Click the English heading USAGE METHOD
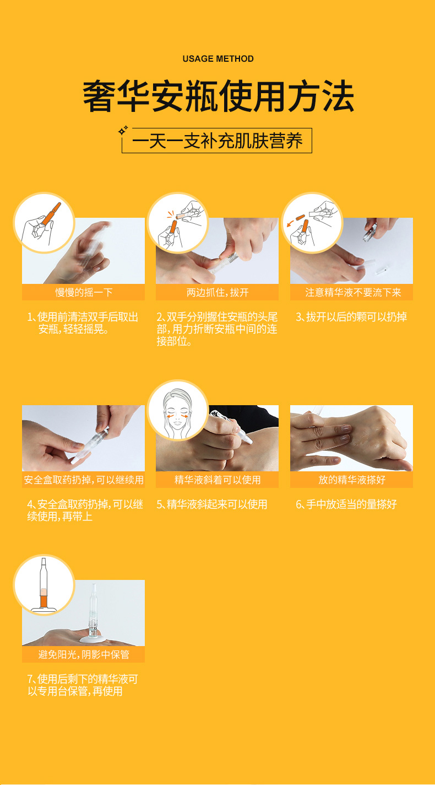218,59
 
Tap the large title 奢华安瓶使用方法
218,96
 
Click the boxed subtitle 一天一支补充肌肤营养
217,141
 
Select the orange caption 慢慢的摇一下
84,292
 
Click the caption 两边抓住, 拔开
218,292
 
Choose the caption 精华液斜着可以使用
218,480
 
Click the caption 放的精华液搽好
352,480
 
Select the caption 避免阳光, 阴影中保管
84,654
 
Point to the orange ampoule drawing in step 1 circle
51,214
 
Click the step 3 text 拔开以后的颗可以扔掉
351,317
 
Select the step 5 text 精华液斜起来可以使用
212,504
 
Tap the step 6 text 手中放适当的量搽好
346,504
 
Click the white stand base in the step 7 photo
91,639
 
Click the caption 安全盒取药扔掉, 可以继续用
84,480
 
